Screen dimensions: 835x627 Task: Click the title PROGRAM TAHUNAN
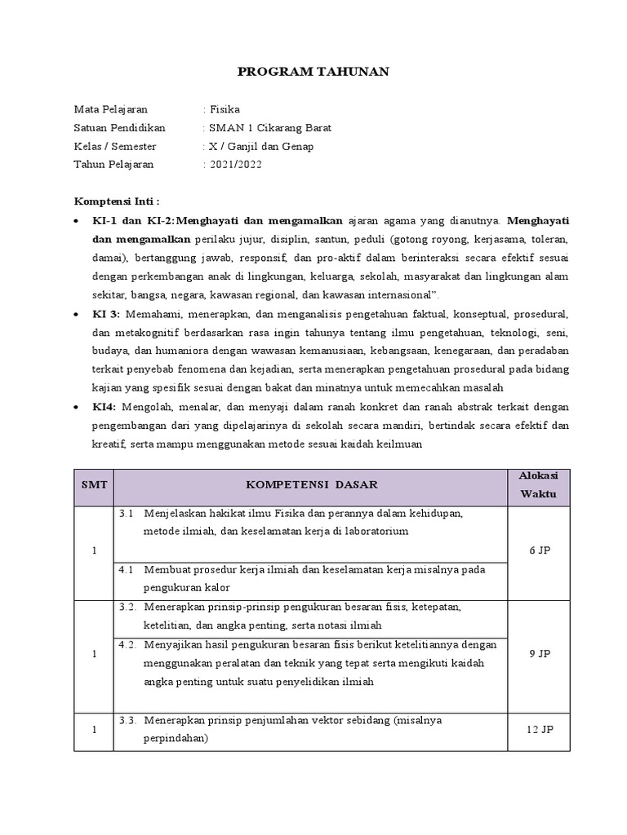point(313,73)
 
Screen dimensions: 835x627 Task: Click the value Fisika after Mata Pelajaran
point(225,109)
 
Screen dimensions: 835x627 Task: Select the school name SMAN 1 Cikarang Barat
point(270,128)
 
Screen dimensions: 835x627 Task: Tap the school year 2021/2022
point(236,165)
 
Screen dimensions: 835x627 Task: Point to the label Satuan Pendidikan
point(119,128)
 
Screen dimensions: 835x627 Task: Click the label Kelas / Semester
point(115,147)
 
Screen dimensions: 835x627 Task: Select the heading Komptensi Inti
point(117,201)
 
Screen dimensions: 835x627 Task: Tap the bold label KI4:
point(104,407)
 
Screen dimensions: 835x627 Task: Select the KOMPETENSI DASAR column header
point(312,485)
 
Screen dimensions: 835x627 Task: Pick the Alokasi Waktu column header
point(539,485)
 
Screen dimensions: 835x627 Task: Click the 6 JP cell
point(539,551)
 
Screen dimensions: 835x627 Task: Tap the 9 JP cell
point(539,653)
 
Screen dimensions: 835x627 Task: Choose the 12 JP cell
point(539,730)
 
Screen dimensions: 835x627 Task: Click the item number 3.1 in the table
point(126,514)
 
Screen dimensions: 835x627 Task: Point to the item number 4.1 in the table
point(126,569)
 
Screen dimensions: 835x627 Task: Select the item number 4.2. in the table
point(127,644)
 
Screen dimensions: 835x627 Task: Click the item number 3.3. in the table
point(127,721)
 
